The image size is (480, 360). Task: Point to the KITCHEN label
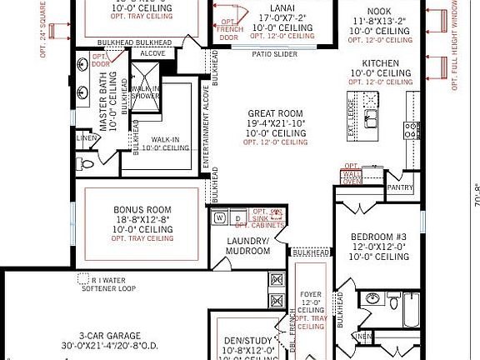pyautogui.click(x=382, y=63)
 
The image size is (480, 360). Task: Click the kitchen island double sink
pyautogui.click(x=371, y=115)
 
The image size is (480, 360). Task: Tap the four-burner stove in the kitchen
pyautogui.click(x=412, y=129)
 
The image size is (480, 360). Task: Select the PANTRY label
pyautogui.click(x=400, y=188)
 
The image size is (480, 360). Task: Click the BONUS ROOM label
pyautogui.click(x=142, y=209)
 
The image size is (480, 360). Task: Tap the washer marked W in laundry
pyautogui.click(x=220, y=218)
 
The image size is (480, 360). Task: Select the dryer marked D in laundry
pyautogui.click(x=237, y=218)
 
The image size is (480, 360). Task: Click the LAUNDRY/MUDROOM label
pyautogui.click(x=247, y=245)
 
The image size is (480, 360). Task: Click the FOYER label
pyautogui.click(x=310, y=293)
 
